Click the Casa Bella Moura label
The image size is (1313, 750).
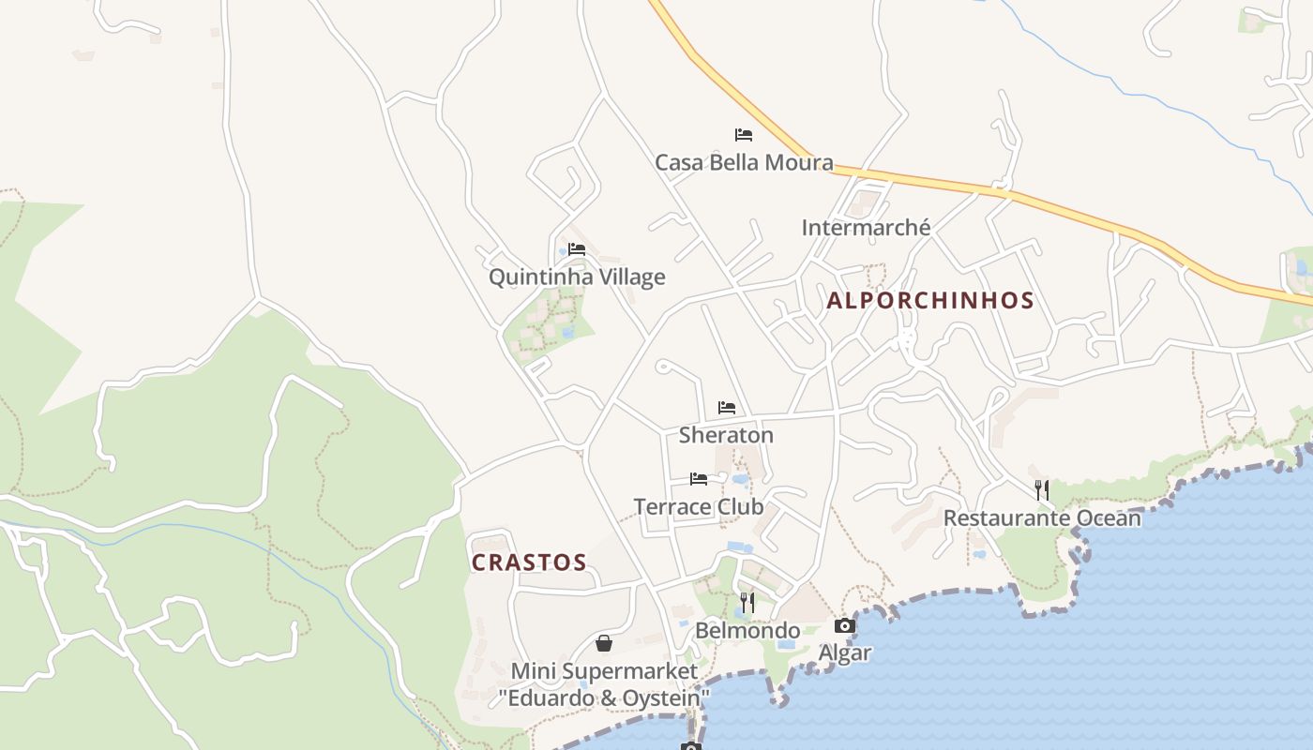coord(744,162)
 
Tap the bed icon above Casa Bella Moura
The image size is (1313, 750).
coord(744,135)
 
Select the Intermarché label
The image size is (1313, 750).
coord(866,228)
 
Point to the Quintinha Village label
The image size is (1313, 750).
coord(577,277)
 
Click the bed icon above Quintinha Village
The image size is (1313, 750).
coord(577,249)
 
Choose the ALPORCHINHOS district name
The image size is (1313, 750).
coord(929,301)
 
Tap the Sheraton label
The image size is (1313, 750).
coord(726,435)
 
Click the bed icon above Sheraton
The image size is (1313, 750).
coord(726,408)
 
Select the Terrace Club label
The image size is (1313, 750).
coord(699,507)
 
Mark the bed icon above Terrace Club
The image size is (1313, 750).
coord(699,479)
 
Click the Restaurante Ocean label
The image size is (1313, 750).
coord(1042,517)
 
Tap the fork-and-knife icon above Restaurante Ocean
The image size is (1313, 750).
coord(1041,489)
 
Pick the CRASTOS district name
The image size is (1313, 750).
coord(529,562)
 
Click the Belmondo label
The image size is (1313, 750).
coord(747,630)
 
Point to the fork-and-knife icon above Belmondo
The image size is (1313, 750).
coord(747,602)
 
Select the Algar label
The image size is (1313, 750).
coord(845,652)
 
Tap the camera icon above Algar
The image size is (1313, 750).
coord(845,626)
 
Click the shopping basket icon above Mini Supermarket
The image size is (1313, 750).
coord(604,643)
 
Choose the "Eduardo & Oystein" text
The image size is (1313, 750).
coord(604,698)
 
